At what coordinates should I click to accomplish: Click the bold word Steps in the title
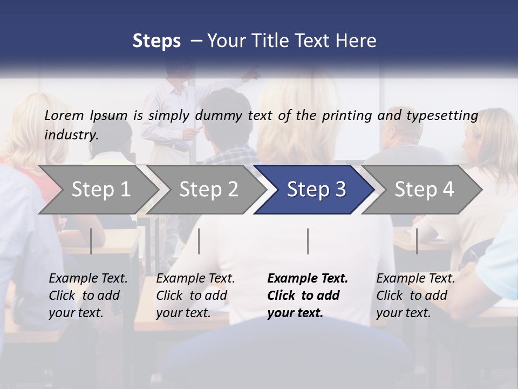(156, 41)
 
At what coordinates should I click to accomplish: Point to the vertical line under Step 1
(91, 241)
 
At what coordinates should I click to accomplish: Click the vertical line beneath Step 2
(199, 241)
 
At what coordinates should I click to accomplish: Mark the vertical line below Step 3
(308, 241)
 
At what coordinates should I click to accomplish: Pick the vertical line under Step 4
(417, 241)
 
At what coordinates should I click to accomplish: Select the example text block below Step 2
(195, 296)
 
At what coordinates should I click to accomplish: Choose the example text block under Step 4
(415, 296)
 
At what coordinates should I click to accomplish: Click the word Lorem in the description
(64, 115)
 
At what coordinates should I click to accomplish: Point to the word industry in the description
(71, 135)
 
